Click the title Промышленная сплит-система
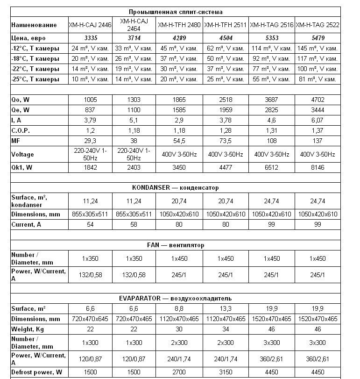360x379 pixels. (x=175, y=12)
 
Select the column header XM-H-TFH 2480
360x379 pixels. (x=180, y=25)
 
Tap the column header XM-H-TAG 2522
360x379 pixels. (x=317, y=25)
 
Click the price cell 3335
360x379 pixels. (x=90, y=38)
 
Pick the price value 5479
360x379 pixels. (x=317, y=38)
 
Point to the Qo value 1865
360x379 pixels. (x=180, y=99)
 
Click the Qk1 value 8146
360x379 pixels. (x=317, y=167)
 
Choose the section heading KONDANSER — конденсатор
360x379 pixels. (x=175, y=187)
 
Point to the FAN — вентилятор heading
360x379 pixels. (x=175, y=245)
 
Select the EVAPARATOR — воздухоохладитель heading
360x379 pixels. (x=175, y=298)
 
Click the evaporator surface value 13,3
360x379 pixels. (x=226, y=308)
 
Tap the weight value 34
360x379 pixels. (x=226, y=329)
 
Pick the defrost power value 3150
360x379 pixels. (x=226, y=372)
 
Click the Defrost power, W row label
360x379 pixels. (x=36, y=372)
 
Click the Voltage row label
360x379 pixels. (x=22, y=154)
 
